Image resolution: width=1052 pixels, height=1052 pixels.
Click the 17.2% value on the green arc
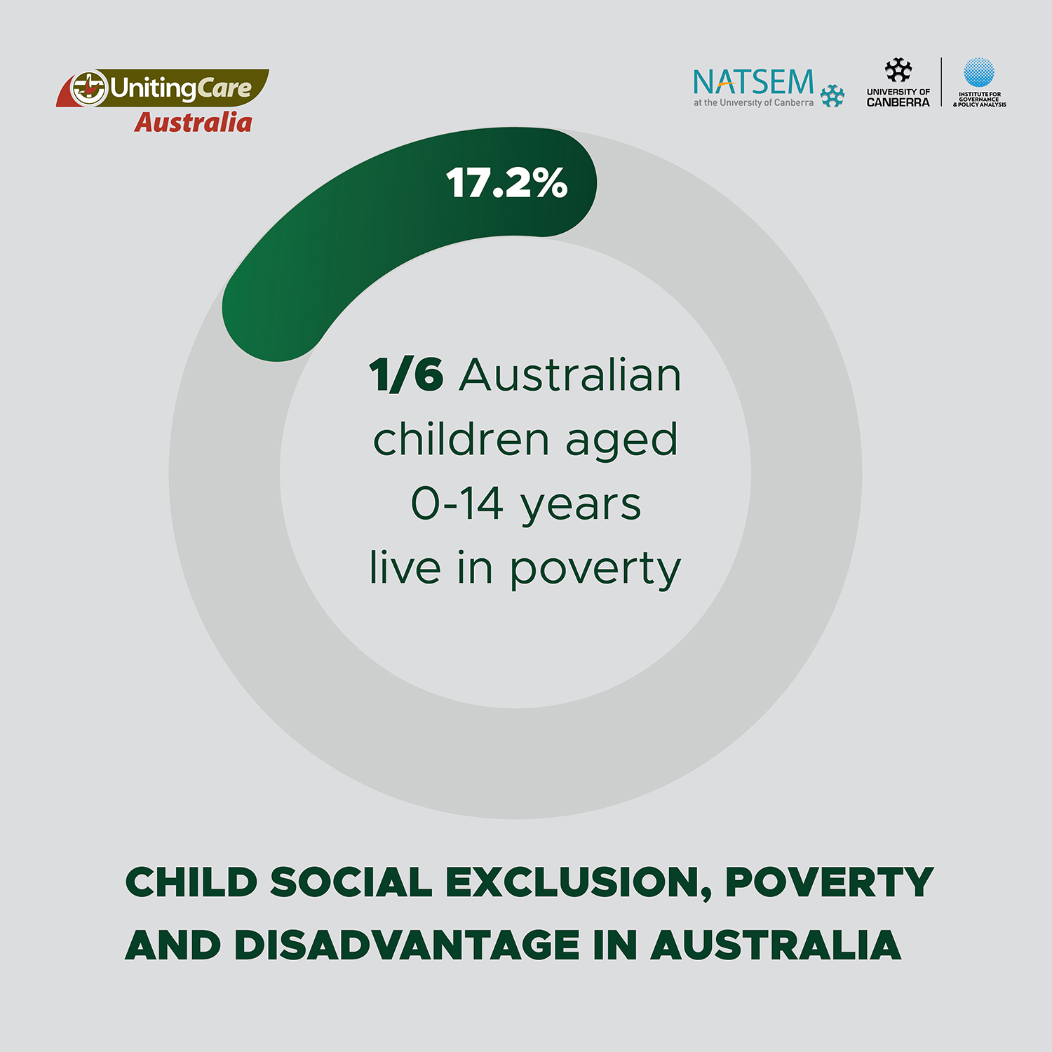[506, 184]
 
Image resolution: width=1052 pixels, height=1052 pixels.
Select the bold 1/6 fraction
[406, 375]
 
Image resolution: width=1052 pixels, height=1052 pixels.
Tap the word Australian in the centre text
[570, 375]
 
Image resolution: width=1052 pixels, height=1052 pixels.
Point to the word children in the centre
[461, 440]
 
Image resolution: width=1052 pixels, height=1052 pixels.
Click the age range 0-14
[457, 504]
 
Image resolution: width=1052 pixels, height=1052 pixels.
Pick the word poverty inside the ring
[595, 569]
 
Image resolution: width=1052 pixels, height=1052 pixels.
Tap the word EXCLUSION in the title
[579, 882]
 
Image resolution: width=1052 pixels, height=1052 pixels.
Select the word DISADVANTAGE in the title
[407, 945]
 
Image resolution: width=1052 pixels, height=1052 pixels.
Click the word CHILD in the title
[191, 882]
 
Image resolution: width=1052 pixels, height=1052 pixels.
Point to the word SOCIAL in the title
[351, 882]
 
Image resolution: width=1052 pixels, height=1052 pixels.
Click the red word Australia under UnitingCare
[194, 123]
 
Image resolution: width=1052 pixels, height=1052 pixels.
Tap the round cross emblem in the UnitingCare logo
[89, 88]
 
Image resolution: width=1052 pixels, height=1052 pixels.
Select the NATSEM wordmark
[754, 82]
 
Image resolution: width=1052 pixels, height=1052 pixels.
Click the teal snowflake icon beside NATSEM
[832, 96]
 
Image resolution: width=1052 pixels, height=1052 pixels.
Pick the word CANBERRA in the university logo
[898, 102]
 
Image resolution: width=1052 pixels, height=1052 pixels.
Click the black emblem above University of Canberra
[898, 71]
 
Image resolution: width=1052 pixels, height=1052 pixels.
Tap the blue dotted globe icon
[979, 72]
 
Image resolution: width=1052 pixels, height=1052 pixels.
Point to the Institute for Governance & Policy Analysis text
[980, 99]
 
